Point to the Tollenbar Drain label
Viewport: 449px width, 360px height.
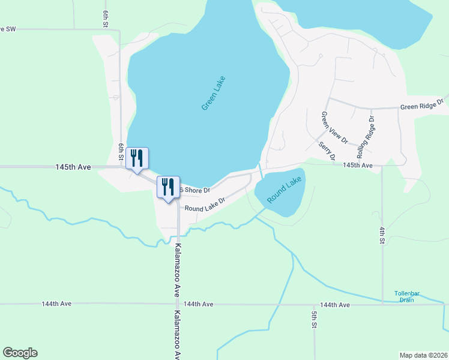407,296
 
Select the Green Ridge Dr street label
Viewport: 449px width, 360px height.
422,106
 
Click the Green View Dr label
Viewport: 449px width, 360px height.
334,128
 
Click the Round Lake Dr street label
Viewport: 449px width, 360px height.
204,205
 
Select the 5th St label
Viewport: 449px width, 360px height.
314,319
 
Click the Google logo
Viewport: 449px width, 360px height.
20,353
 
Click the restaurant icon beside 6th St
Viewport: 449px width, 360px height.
137,159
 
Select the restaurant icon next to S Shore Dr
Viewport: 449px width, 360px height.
167,187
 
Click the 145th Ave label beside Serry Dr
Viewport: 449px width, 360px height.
358,165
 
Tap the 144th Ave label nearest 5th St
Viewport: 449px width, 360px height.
335,305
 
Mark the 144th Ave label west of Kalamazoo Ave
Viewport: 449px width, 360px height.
56,304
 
